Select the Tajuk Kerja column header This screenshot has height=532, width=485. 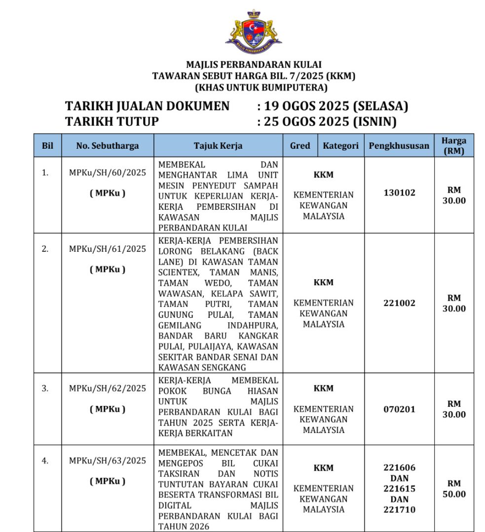point(218,146)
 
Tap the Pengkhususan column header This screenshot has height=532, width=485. point(399,146)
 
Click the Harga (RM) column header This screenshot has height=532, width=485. point(454,146)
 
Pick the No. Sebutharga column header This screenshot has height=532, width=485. point(108,146)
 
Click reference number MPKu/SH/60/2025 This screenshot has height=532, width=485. point(108,173)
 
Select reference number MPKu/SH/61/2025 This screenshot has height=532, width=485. point(108,249)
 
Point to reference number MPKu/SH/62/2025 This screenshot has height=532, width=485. point(108,389)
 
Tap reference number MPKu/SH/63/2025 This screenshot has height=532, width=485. point(108,461)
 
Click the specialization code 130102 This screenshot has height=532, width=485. point(399,193)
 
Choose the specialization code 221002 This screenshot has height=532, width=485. point(399,303)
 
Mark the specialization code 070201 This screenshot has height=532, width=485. point(399,409)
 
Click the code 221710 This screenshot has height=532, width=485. point(399,509)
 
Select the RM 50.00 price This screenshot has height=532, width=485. point(454,489)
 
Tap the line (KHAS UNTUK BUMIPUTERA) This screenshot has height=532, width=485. point(254,88)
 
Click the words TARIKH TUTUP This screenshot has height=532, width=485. point(112,121)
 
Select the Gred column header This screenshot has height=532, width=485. point(300,146)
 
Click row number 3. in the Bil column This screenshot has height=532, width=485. point(45,389)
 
